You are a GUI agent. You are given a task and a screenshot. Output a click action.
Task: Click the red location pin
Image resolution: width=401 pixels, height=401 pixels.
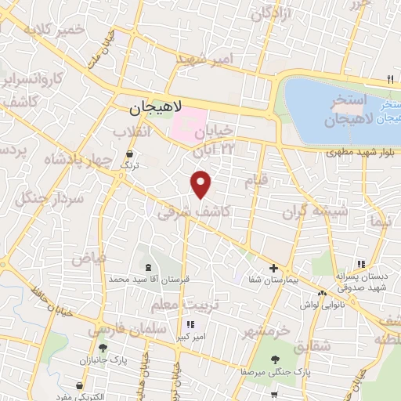click(201, 183)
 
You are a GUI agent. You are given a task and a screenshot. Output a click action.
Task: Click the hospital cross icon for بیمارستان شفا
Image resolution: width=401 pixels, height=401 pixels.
click(273, 269)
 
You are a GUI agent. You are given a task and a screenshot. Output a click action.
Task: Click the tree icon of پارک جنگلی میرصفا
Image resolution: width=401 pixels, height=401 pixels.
click(275, 359)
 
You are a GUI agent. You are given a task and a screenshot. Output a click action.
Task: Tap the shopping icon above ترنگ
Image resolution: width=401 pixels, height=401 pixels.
click(128, 154)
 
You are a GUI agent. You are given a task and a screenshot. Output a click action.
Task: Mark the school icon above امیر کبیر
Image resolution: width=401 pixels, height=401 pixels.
click(190, 324)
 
